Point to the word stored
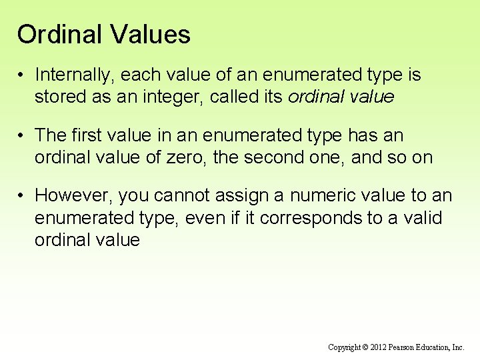coord(58,97)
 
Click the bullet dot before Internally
coord(22,75)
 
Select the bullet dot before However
coord(22,196)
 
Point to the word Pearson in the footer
coord(406,347)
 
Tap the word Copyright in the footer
coord(344,347)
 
